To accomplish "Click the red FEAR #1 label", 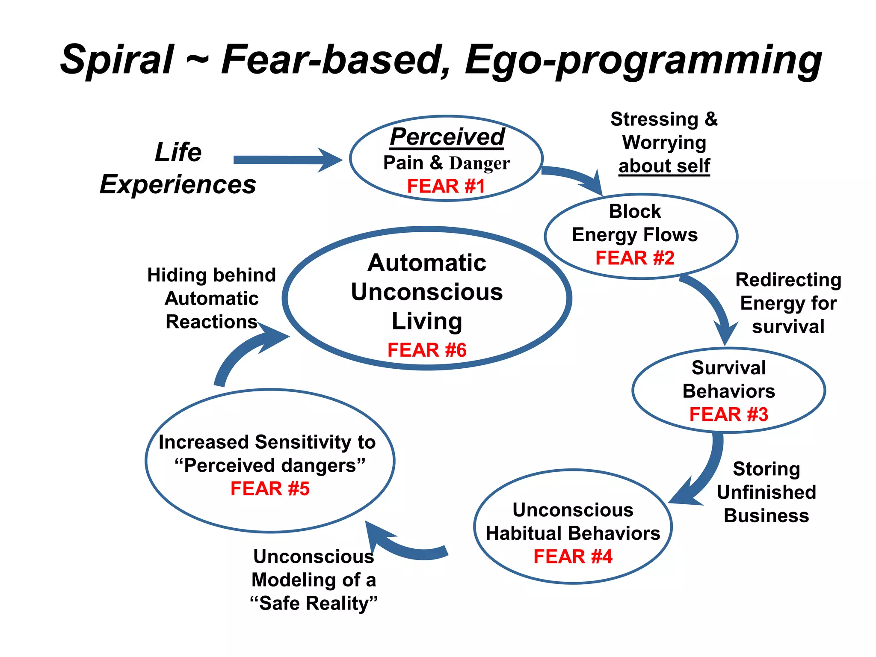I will (x=446, y=186).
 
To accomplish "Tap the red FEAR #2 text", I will (x=635, y=258).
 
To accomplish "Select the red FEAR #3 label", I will (x=728, y=414).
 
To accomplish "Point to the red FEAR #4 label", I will (x=573, y=556).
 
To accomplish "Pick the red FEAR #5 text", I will (x=270, y=488).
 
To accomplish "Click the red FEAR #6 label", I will (x=426, y=350).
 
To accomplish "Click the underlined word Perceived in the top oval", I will (x=447, y=137).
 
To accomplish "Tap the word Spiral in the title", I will (x=117, y=59).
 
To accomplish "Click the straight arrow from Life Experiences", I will (x=287, y=160).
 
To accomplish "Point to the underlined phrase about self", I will (x=664, y=166).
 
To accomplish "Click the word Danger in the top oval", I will (x=479, y=163).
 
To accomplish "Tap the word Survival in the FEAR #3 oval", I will (x=728, y=368).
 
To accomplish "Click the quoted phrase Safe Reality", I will (x=314, y=603).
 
